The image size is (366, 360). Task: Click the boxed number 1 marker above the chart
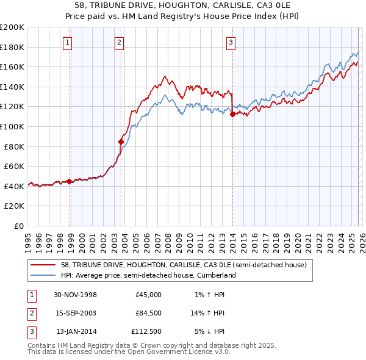66,42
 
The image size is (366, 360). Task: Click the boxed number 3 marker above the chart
231,42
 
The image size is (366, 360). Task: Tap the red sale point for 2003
121,142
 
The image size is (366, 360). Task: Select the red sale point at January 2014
232,114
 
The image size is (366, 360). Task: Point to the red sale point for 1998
70,181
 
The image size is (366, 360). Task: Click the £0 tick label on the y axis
19,226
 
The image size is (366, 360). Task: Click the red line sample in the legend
43,265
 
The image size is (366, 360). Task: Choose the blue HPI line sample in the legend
43,275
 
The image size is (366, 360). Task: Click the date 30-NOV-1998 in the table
76,295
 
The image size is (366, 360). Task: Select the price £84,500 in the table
148,313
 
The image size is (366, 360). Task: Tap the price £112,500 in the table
146,331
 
